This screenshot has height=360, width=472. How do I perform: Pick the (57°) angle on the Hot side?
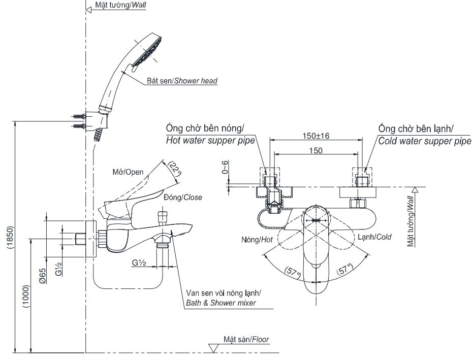[x=293, y=272]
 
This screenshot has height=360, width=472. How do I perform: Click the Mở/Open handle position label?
[x=128, y=172]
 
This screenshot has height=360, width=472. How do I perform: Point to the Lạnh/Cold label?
[x=374, y=237]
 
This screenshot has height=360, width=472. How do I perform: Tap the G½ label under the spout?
[x=139, y=263]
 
